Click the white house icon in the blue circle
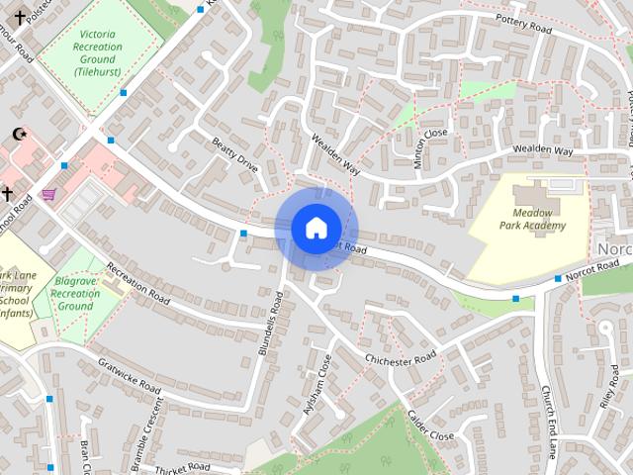pyautogui.click(x=316, y=228)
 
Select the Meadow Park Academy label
pyautogui.click(x=539, y=219)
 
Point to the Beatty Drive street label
pyautogui.click(x=234, y=155)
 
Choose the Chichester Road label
pyautogui.click(x=401, y=358)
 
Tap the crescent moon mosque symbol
pyautogui.click(x=17, y=134)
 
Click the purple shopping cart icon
pyautogui.click(x=48, y=194)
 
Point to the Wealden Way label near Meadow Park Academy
pyautogui.click(x=542, y=150)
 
